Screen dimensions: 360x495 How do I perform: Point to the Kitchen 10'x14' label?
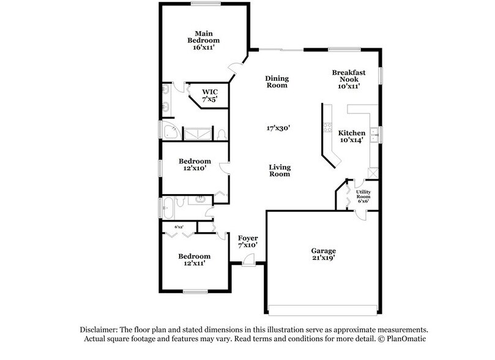coord(352,137)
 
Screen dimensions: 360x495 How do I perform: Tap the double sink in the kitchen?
coord(374,133)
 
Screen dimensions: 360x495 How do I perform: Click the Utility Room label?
coord(363,196)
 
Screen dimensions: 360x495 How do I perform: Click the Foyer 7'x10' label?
coord(248,241)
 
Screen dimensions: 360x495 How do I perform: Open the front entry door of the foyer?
coord(248,261)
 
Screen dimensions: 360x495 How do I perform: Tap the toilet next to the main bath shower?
coord(222,133)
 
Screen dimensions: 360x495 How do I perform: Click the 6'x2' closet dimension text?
coord(179,227)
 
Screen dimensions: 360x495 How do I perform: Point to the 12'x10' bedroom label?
coord(195,165)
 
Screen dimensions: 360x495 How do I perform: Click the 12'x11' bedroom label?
coord(195,260)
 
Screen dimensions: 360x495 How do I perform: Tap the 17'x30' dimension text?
coord(277,128)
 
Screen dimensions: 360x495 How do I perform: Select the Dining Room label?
coord(277,81)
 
